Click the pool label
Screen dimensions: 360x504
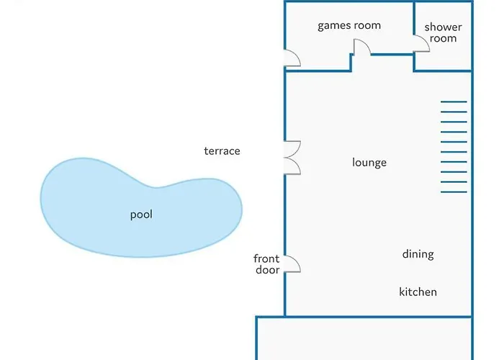tap(141, 215)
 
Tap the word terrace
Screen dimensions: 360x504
tap(222, 151)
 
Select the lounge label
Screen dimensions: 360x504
tap(369, 163)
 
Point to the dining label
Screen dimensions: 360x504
tap(418, 254)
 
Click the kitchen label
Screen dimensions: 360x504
tap(418, 292)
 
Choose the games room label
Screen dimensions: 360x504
tap(349, 26)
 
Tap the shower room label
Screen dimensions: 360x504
tap(443, 33)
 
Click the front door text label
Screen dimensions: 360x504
tap(266, 264)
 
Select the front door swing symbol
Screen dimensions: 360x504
tap(292, 264)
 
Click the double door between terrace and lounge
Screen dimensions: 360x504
tap(292, 158)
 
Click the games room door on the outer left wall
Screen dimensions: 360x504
tap(292, 58)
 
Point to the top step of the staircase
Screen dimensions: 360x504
tap(454, 102)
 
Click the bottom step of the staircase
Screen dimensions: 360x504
tap(454, 192)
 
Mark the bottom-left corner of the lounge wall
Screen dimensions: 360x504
tap(285, 315)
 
